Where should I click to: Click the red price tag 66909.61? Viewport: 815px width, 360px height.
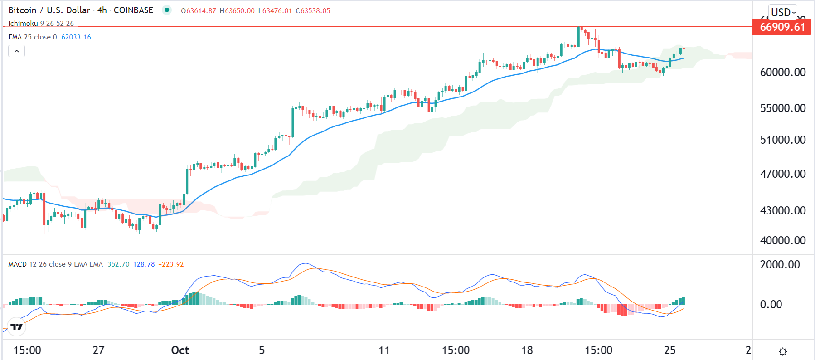(x=782, y=27)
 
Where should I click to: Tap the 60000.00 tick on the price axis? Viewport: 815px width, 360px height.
(x=783, y=72)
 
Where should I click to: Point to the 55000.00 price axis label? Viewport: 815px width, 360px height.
(x=783, y=108)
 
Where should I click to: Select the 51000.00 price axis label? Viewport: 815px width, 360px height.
(x=783, y=140)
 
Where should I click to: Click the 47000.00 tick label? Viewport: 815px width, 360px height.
(x=783, y=174)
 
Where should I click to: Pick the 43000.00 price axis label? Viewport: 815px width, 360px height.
(x=783, y=210)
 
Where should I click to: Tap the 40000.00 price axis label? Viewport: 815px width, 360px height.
(x=783, y=240)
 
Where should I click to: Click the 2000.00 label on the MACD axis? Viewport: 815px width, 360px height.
(x=780, y=264)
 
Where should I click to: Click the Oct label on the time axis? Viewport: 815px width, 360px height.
(x=180, y=350)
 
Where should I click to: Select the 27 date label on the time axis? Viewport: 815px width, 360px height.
(x=98, y=350)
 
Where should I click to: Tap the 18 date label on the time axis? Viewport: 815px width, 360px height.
(x=527, y=350)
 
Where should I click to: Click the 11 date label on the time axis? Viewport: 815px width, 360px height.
(x=384, y=350)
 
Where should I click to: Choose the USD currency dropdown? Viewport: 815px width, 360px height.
(x=783, y=12)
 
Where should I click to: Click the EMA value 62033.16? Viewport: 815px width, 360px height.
(x=76, y=37)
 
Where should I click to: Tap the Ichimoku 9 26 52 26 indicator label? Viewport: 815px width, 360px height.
(x=41, y=24)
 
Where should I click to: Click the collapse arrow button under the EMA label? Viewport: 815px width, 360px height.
(x=17, y=51)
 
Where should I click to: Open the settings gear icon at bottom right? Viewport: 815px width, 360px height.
(x=783, y=351)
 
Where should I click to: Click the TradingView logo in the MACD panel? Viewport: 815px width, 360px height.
(x=17, y=326)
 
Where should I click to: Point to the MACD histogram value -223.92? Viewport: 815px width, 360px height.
(x=171, y=264)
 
